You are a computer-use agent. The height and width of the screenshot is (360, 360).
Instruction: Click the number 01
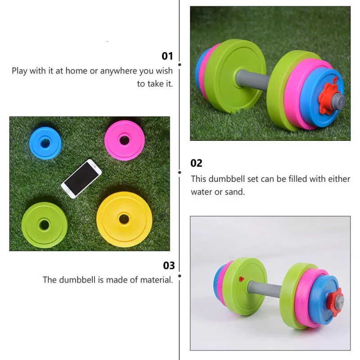167,56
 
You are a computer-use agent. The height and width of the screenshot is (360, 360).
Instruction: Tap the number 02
197,163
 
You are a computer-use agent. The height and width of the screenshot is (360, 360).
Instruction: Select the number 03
169,265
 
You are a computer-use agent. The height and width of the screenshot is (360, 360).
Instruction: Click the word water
201,192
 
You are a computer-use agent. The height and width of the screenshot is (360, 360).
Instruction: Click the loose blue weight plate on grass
45,143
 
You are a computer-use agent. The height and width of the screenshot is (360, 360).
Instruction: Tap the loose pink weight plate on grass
125,140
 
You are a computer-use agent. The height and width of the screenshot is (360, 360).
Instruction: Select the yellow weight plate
124,219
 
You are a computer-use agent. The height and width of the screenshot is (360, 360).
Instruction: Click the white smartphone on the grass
81,178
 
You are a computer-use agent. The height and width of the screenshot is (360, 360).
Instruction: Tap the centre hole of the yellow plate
124,219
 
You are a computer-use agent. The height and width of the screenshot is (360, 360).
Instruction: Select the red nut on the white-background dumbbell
335,299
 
